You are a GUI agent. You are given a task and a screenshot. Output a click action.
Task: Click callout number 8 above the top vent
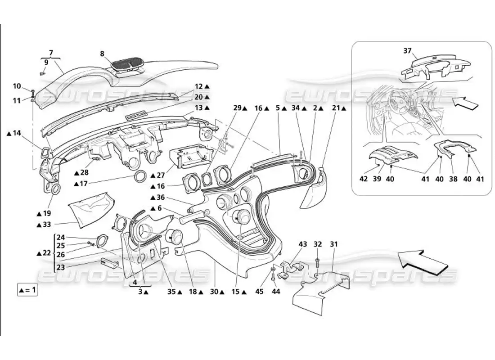tap(102, 54)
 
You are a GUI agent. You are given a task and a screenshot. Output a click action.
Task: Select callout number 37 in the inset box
tap(407, 51)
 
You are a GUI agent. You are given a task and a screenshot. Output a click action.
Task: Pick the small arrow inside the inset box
tap(465, 103)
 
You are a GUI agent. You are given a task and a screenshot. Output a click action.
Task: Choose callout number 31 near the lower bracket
tap(333, 244)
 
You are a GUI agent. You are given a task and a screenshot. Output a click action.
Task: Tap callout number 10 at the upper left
tap(17, 86)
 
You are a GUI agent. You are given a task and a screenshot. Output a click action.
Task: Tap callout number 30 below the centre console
tap(215, 292)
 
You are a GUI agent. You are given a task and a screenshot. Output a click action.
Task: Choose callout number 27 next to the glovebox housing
tap(160, 175)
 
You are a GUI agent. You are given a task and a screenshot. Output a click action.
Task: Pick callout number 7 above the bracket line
tap(51, 53)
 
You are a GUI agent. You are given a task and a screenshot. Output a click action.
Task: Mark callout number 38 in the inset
tap(453, 179)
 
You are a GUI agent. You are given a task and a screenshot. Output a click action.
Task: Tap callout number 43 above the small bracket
tap(303, 244)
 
